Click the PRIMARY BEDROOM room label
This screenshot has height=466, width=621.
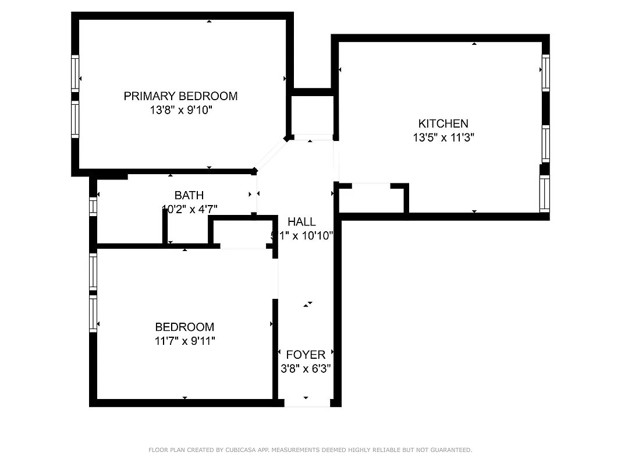tap(180, 96)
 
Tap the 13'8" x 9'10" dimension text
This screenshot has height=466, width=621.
tap(180, 110)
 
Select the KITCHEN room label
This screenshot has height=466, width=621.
tap(443, 123)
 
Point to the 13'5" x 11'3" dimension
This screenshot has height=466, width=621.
tap(443, 137)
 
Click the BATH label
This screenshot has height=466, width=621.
tap(189, 195)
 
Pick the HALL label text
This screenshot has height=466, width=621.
tap(301, 221)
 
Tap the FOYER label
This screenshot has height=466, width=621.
tap(306, 355)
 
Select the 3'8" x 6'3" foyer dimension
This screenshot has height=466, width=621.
tap(306, 368)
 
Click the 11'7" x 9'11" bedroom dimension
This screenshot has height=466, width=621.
tap(184, 341)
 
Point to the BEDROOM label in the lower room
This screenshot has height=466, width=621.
tap(184, 327)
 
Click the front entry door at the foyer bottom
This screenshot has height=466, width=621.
tap(307, 403)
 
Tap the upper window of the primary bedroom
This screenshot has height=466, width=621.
tap(75, 73)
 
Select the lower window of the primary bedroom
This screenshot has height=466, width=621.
tap(75, 120)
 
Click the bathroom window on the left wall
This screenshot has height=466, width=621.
tap(93, 207)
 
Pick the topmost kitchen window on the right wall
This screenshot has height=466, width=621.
tap(545, 73)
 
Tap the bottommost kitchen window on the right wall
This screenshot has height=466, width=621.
tap(545, 194)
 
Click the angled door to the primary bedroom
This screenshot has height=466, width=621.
tap(271, 154)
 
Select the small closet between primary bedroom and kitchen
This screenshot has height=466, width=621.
tap(311, 115)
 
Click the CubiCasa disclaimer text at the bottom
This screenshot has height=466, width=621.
tap(310, 450)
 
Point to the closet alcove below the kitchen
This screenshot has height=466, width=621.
tap(372, 199)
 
